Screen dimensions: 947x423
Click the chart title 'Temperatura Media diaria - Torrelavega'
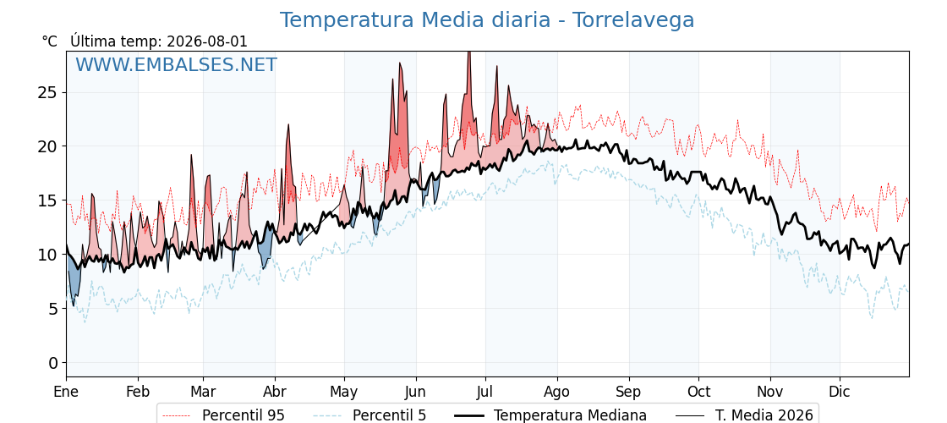(487, 20)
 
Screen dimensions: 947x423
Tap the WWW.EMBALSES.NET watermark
(177, 64)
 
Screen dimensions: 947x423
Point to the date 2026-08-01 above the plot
(206, 41)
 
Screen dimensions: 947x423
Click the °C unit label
(50, 41)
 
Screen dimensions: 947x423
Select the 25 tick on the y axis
(48, 92)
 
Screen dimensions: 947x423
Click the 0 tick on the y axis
(53, 363)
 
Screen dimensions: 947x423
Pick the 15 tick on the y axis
(48, 201)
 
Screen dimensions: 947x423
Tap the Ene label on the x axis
(66, 392)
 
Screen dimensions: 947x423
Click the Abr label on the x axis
(275, 392)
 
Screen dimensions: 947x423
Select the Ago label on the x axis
(557, 392)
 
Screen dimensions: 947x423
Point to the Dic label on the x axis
(840, 392)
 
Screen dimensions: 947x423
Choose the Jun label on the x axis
(415, 392)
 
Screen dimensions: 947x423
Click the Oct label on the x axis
(698, 392)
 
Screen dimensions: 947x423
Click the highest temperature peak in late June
(468, 53)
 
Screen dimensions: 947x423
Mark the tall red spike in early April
(288, 126)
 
